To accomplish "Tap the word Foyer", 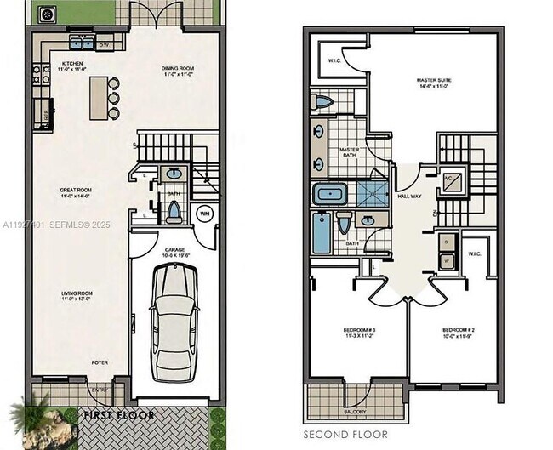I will (100, 362).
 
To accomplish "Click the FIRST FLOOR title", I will (119, 416).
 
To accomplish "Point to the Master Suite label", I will (433, 82).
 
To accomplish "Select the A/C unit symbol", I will (453, 179).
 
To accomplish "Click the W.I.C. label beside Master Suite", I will (334, 61).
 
